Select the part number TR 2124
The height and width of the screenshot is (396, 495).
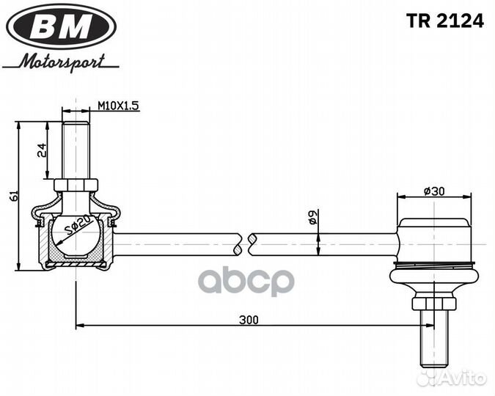pos(446,21)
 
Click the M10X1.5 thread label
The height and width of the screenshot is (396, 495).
pos(118,106)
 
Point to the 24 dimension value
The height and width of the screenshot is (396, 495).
pos(43,150)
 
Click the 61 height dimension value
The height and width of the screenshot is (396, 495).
pos(12,196)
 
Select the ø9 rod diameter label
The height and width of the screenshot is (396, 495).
pos(312,217)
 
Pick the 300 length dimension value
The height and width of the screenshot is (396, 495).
pos(249,320)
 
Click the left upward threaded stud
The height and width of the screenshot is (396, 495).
pos(75,150)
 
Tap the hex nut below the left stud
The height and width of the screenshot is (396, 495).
pos(75,185)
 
